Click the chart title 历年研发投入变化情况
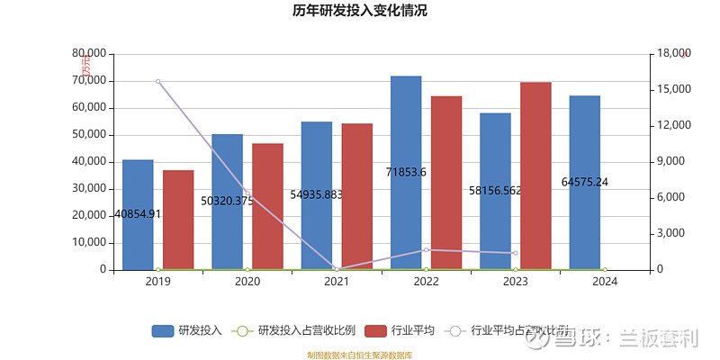click(360, 12)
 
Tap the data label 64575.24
click(584, 182)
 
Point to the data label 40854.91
click(138, 214)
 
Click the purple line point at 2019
click(158, 81)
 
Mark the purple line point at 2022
click(426, 250)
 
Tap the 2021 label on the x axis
click(337, 282)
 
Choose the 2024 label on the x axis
click(604, 282)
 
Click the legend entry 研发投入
click(187, 331)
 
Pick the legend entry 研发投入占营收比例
click(288, 331)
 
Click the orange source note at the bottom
click(359, 355)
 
